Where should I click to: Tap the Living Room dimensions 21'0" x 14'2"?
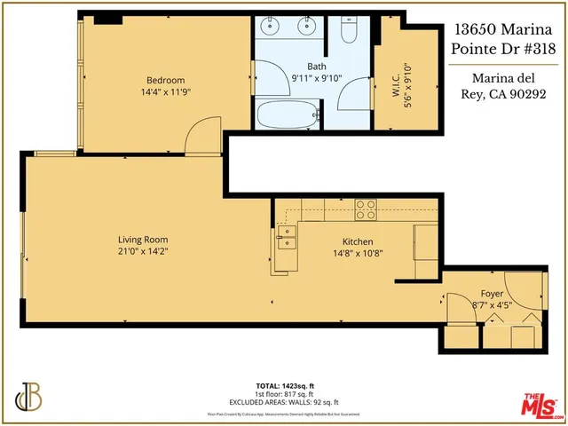click(143, 252)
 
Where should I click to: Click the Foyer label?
click(492, 293)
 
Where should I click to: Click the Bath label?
click(317, 67)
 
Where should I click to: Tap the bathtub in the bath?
click(284, 115)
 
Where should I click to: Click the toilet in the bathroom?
click(349, 33)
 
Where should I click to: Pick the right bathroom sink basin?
click(307, 27)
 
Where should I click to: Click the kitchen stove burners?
click(366, 209)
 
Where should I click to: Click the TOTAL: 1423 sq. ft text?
click(283, 385)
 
